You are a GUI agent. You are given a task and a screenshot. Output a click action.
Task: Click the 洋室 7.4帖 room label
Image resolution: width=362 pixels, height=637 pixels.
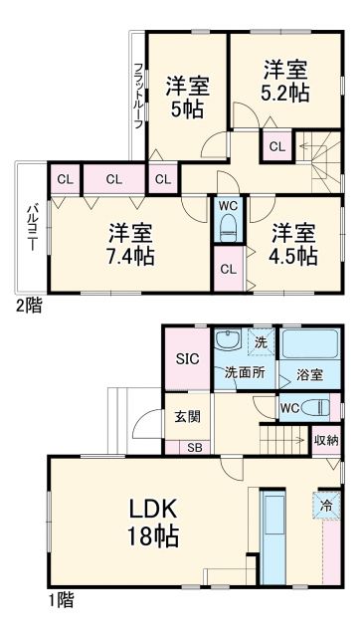[x=130, y=245]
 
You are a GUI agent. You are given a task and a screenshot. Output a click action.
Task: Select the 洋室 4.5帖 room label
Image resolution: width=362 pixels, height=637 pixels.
[x=293, y=244]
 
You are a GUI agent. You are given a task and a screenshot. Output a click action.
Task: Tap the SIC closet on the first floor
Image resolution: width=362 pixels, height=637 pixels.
[x=187, y=360]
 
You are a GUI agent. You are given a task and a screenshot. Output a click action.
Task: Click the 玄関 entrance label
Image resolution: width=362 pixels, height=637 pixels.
[x=188, y=417]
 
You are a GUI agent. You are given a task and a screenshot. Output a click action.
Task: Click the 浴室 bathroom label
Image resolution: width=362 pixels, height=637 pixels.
[x=307, y=374]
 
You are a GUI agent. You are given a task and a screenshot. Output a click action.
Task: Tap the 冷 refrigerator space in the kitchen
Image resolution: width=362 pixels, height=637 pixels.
[x=325, y=504]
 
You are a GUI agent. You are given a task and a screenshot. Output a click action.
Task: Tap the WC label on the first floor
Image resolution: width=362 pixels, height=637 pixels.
[x=290, y=408]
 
